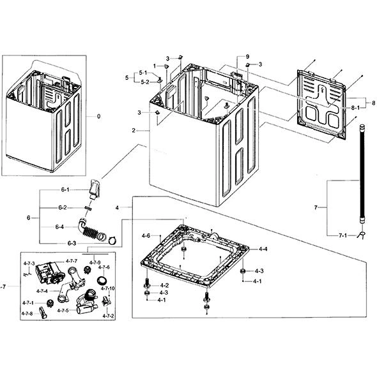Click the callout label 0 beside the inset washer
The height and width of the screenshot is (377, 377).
(x=99, y=116)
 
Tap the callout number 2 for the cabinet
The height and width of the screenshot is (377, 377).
(x=134, y=131)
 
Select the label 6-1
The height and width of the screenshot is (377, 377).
(x=65, y=189)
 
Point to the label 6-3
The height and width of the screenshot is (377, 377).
(x=72, y=243)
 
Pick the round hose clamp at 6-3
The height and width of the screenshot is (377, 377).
(x=112, y=240)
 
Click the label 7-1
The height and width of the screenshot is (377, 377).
(x=342, y=235)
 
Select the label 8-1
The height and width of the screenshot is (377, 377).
(x=355, y=108)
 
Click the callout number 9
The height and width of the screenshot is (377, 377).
(x=247, y=57)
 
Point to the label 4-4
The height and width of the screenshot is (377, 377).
(x=263, y=249)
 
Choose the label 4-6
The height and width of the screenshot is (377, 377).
(x=146, y=236)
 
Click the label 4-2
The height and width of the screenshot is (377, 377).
(x=164, y=285)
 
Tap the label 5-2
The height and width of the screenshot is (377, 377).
(x=145, y=82)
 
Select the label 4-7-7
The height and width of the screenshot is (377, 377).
(x=72, y=261)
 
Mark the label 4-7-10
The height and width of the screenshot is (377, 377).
(x=108, y=288)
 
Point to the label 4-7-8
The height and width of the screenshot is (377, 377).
(x=27, y=313)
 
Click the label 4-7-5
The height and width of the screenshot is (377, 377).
(x=63, y=311)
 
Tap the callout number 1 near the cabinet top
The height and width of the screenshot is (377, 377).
(x=155, y=66)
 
